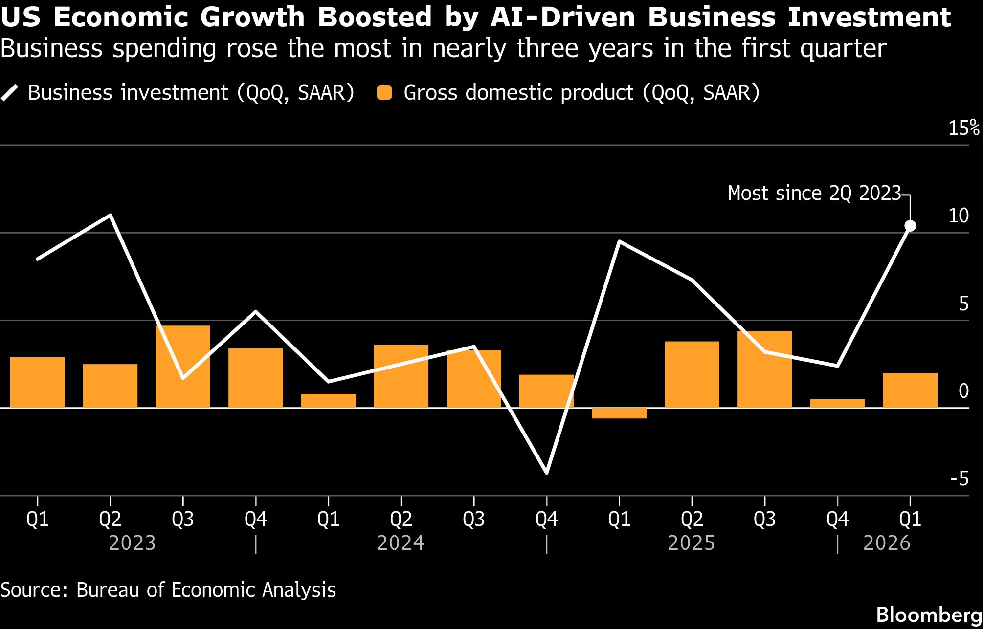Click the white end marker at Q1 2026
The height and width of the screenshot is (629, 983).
point(910,226)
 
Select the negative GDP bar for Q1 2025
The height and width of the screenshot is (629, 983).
point(619,413)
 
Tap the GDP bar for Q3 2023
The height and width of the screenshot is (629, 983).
point(183,367)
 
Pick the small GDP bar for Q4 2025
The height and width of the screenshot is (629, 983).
point(837,403)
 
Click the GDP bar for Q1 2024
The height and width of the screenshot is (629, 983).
point(328,401)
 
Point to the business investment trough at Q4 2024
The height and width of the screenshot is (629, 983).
point(546,472)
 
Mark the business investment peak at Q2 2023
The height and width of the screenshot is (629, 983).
point(111,216)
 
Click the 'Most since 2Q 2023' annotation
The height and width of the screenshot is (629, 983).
point(814,193)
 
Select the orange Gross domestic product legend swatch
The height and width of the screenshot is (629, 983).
point(385,93)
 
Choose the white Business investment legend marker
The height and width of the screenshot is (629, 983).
point(10,93)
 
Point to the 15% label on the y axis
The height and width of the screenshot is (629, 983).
point(963,128)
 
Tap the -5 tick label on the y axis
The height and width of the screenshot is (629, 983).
point(960,478)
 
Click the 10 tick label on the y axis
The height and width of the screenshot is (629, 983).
point(959,216)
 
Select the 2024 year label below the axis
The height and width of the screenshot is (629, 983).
point(401,543)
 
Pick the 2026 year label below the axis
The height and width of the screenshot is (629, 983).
point(887,543)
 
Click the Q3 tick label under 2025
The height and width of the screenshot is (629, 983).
point(764,519)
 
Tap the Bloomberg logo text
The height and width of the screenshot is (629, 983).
point(929,615)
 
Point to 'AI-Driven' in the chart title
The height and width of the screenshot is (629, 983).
point(562,17)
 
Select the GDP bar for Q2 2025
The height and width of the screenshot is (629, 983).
point(692,374)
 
